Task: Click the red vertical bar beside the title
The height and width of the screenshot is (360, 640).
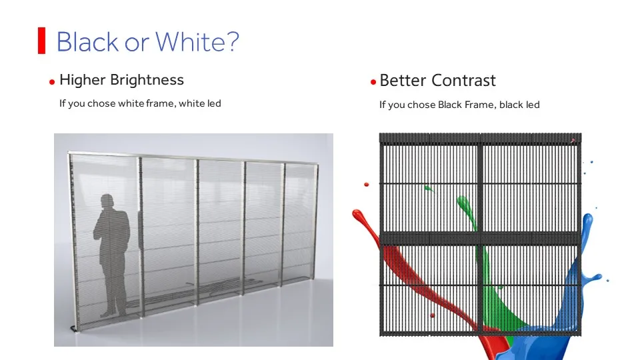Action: point(41,41)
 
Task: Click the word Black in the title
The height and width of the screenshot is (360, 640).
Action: point(87,41)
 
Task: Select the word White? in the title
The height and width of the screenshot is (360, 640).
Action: point(197,41)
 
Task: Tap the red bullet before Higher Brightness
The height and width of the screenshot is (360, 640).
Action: point(52,82)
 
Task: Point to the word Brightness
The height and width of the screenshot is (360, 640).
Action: point(147,81)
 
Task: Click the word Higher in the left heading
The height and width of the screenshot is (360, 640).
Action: point(83,81)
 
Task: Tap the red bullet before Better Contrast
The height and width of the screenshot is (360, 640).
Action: point(373,82)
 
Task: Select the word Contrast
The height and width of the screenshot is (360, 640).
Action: point(464,81)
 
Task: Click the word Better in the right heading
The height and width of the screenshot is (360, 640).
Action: point(403,81)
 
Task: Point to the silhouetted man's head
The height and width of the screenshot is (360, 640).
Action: point(107,201)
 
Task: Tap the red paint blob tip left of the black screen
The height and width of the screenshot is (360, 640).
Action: point(357,215)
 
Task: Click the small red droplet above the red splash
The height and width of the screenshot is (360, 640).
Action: point(367,185)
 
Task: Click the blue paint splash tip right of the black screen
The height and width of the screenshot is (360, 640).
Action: point(588,221)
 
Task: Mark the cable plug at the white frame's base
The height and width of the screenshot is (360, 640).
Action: point(73,328)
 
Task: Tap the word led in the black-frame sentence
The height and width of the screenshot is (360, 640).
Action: point(532,105)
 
